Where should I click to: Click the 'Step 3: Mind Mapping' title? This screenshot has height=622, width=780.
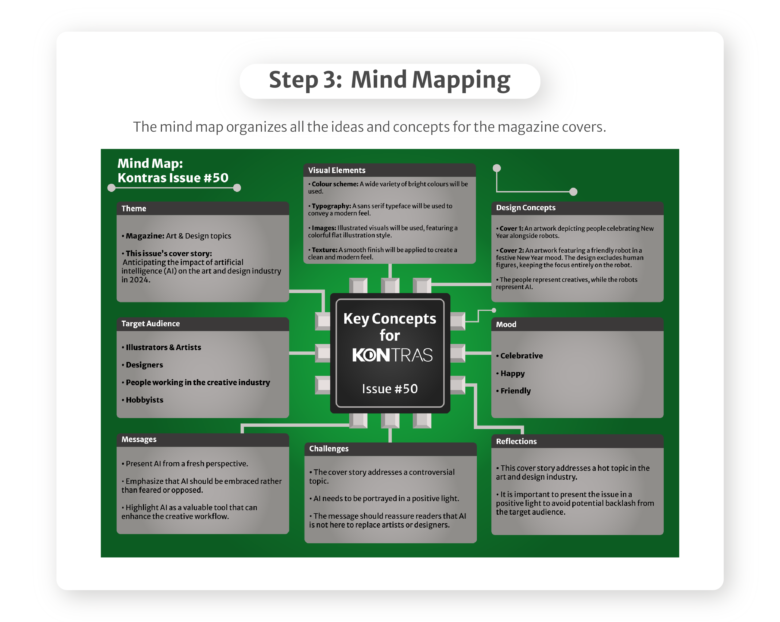pos(390,80)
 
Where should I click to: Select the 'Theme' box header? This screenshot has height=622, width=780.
pos(134,209)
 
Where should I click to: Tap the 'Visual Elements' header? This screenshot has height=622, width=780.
pos(337,170)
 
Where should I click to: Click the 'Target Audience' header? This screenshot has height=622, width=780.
pos(150,324)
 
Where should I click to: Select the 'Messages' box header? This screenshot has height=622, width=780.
pos(139,439)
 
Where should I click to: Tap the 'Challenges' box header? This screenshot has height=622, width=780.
pos(329,449)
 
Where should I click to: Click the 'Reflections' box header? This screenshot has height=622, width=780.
pos(516,442)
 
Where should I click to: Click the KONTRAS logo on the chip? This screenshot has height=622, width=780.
pos(392,355)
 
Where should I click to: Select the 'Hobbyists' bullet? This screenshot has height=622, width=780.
pos(144,400)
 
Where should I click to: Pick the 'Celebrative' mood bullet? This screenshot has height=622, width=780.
pos(521,356)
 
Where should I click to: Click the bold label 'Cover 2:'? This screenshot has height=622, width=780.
pos(512,250)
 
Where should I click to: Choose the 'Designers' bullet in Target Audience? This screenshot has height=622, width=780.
pos(144,365)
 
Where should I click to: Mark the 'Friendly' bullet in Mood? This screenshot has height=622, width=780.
pos(516,391)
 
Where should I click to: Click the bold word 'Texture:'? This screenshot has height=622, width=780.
pos(325,250)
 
